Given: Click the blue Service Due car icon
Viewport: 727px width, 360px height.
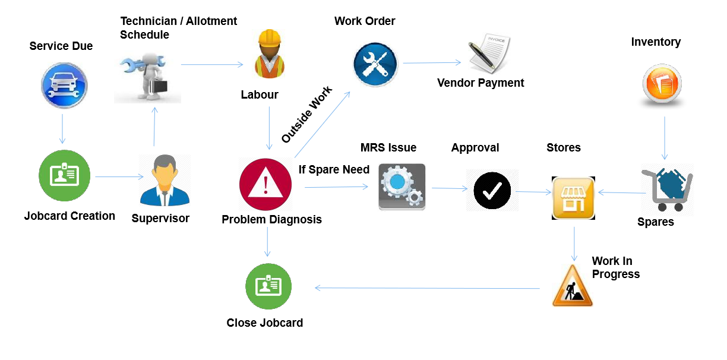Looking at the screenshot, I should click(x=64, y=86).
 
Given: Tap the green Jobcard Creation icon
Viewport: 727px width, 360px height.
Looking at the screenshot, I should click(x=64, y=176).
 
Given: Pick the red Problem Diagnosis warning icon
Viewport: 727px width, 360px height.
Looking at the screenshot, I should click(x=265, y=184).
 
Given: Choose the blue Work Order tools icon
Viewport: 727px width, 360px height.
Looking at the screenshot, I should click(x=375, y=65).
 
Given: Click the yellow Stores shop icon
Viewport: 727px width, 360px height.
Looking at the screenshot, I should click(x=573, y=198).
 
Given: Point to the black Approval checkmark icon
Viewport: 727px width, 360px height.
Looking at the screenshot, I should click(x=492, y=190).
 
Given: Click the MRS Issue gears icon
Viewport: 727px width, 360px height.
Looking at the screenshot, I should click(x=402, y=187).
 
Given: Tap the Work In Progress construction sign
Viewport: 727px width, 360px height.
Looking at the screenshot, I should click(x=573, y=286).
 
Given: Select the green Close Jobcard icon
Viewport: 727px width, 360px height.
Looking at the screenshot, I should click(x=268, y=286).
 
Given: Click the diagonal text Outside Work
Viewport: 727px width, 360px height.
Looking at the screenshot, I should click(x=306, y=115).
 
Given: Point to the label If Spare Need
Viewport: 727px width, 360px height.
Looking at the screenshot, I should click(x=334, y=170).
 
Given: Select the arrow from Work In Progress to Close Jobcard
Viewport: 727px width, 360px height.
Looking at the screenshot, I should click(x=428, y=288).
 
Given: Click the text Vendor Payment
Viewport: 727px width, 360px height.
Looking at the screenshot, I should click(x=481, y=83).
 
